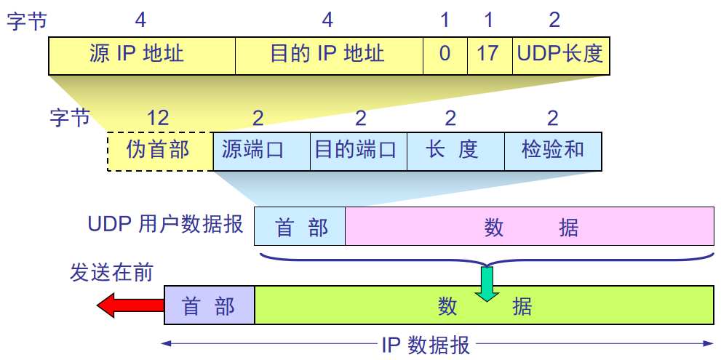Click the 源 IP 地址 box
click(x=142, y=55)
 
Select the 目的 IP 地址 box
click(x=329, y=55)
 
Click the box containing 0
click(x=445, y=55)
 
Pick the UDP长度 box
click(x=560, y=55)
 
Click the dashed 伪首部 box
click(x=160, y=151)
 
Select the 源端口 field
click(x=261, y=151)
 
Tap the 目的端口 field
click(x=358, y=151)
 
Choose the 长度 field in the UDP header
click(x=455, y=151)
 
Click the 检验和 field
click(x=553, y=151)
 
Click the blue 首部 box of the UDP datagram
click(x=300, y=227)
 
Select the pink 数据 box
click(x=530, y=227)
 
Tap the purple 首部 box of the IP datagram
click(x=210, y=305)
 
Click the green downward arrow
click(x=487, y=284)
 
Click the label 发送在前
click(x=111, y=272)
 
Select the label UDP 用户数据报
click(x=165, y=223)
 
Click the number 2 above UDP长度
click(x=554, y=20)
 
